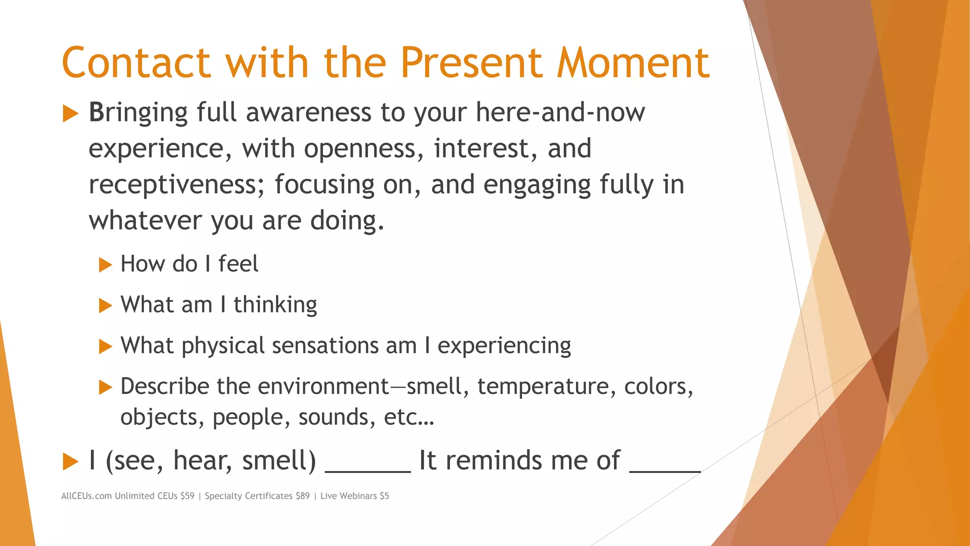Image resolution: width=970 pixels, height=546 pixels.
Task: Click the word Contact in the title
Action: point(136,63)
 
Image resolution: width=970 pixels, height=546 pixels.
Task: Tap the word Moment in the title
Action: point(633,63)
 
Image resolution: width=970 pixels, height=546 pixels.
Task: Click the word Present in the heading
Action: point(471,63)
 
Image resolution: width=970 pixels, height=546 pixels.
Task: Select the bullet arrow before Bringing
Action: point(70,114)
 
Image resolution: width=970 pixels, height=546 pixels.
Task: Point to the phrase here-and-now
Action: point(560,113)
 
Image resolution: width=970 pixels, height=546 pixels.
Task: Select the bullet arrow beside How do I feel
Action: point(105,264)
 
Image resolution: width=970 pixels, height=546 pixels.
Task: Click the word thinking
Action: point(275,305)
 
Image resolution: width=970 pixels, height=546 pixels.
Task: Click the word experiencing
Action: point(504,346)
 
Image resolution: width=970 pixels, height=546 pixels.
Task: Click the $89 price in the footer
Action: point(302,496)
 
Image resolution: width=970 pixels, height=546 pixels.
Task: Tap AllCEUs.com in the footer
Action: point(86,496)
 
